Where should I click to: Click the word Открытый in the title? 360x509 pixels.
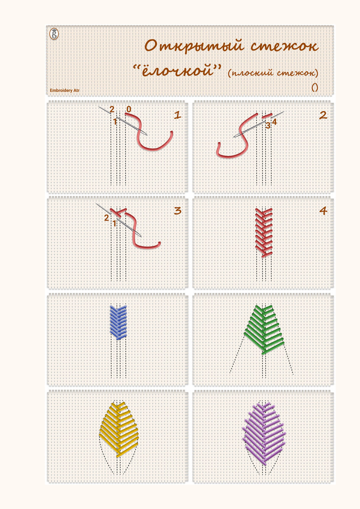pos(195,47)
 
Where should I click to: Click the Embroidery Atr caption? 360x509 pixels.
pos(65,90)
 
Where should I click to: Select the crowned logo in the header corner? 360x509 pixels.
pos(54,34)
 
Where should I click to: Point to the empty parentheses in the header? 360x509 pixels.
pos(315,87)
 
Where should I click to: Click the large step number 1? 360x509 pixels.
pos(177,115)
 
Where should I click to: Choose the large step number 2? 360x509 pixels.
pos(323,115)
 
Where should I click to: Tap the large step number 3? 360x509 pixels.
pos(178,211)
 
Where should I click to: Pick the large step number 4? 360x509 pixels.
pos(323,211)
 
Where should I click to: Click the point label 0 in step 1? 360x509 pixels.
pos(129,109)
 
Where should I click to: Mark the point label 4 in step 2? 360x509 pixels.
pos(274,122)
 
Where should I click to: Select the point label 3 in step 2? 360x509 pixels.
pos(268,126)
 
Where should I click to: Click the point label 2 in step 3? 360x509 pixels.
pos(106,218)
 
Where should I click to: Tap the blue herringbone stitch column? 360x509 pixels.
pos(118,322)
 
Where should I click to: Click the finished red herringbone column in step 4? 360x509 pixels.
pos(264,233)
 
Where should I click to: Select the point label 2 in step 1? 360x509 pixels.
pos(112,109)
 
